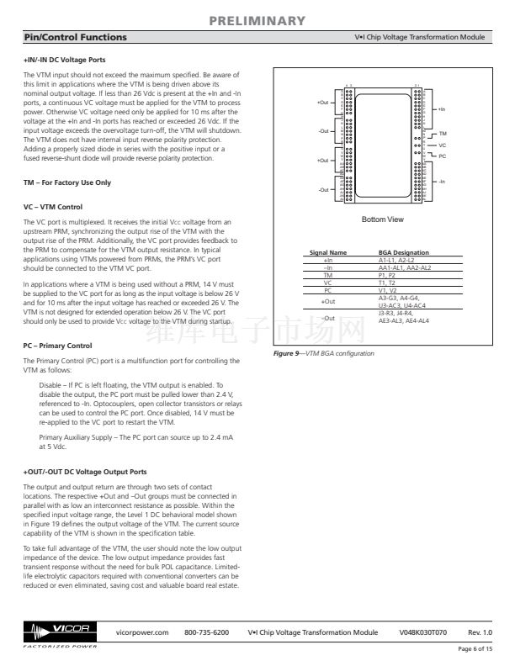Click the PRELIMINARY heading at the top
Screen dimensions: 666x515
[257, 20]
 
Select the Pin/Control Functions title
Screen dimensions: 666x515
[75, 38]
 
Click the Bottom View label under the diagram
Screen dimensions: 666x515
[382, 219]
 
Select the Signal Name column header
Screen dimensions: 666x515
[328, 252]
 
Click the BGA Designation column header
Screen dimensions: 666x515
[404, 252]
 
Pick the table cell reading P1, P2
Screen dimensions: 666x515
[387, 275]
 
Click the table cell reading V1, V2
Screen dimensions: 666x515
[387, 290]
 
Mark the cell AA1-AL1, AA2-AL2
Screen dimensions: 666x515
[405, 267]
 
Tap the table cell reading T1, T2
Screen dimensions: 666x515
[387, 283]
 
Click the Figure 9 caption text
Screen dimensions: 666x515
[324, 353]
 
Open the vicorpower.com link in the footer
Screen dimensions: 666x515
[141, 632]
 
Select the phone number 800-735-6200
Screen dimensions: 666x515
[206, 632]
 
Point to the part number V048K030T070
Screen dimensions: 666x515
[423, 632]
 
